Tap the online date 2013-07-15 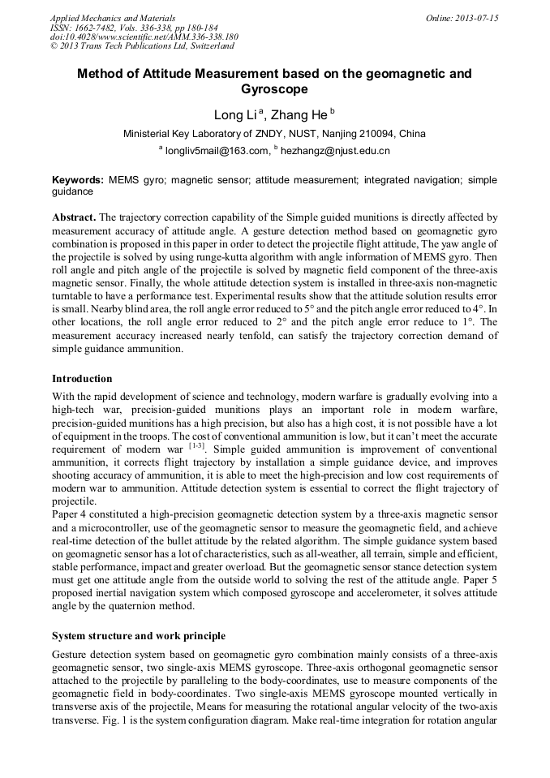(477, 18)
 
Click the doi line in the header (144, 37)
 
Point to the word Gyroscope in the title (274, 89)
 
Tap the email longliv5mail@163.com (217, 151)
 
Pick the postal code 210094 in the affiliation (378, 134)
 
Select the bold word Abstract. (74, 218)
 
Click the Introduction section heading (82, 379)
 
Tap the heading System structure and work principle (139, 635)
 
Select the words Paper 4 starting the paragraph (71, 514)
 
